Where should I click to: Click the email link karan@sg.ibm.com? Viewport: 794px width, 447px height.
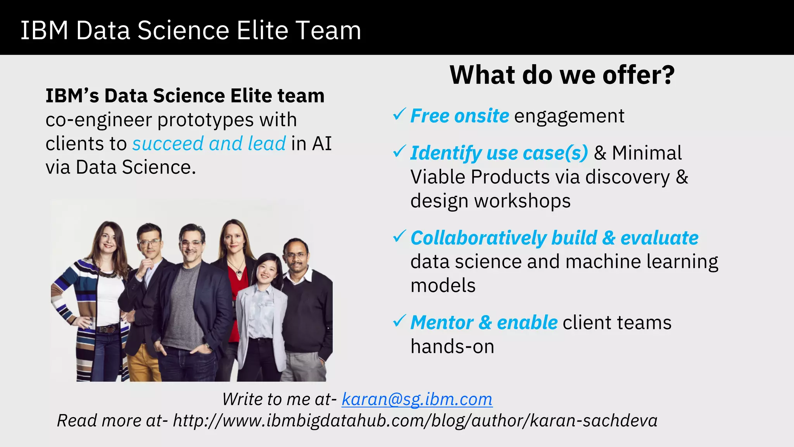pyautogui.click(x=417, y=399)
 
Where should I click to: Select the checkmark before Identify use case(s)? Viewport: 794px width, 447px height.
pyautogui.click(x=399, y=151)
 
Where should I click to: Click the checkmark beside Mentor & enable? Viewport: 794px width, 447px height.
pyautogui.click(x=399, y=321)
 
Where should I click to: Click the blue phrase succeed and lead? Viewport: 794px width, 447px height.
pyautogui.click(x=209, y=144)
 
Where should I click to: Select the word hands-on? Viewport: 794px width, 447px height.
pyautogui.click(x=452, y=347)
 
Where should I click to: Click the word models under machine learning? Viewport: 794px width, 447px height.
pyautogui.click(x=443, y=286)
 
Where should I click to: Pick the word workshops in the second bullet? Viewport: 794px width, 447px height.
pyautogui.click(x=522, y=201)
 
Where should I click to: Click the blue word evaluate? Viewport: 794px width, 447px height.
pyautogui.click(x=659, y=238)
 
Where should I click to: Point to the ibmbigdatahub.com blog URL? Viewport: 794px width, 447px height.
pyautogui.click(x=415, y=421)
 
